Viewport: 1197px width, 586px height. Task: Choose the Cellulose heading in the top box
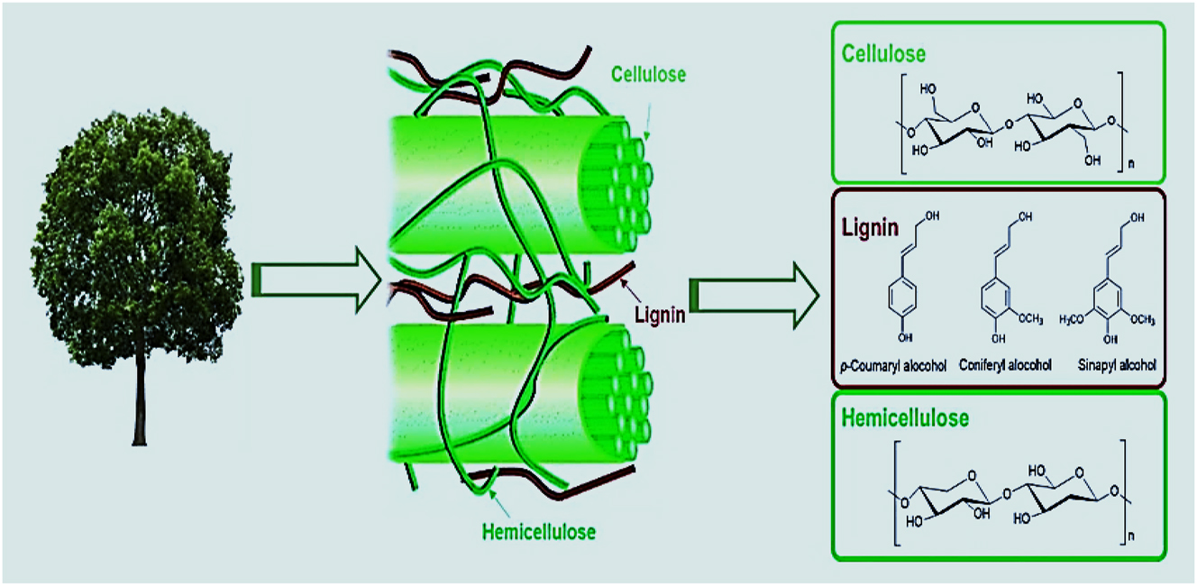click(884, 54)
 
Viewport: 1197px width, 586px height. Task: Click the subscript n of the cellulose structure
click(1131, 164)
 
